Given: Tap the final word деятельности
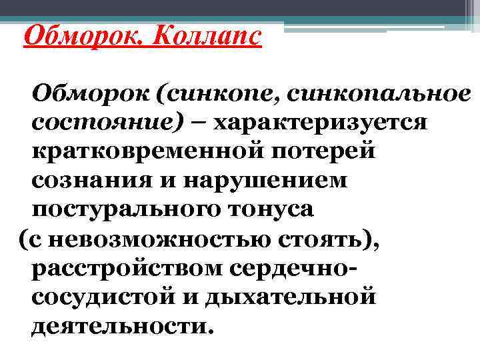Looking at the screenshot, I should click(x=124, y=325).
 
